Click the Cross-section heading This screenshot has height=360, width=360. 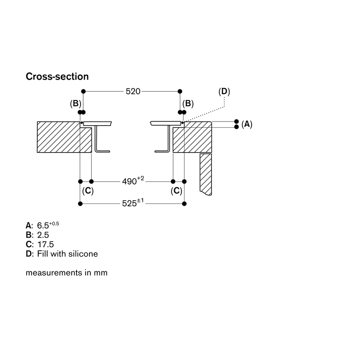click(57, 76)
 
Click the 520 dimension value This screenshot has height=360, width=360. click(133, 91)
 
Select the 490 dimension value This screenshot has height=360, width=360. click(129, 181)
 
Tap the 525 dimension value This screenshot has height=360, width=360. click(129, 203)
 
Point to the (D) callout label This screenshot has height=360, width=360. click(224, 91)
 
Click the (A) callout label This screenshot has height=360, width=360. click(247, 124)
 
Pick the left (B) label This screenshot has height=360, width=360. click(76, 103)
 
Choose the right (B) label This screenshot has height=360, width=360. click(188, 103)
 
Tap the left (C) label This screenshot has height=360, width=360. click(88, 191)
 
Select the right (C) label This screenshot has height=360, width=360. click(176, 191)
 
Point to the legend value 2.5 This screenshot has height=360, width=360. click(43, 235)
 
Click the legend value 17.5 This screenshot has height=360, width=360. click(45, 244)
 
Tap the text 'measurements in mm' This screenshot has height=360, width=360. click(67, 273)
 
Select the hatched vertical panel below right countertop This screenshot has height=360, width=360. click(206, 174)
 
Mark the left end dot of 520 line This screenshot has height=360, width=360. click(83, 91)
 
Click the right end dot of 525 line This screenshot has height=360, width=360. click(184, 204)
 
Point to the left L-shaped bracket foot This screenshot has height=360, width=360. click(103, 151)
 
